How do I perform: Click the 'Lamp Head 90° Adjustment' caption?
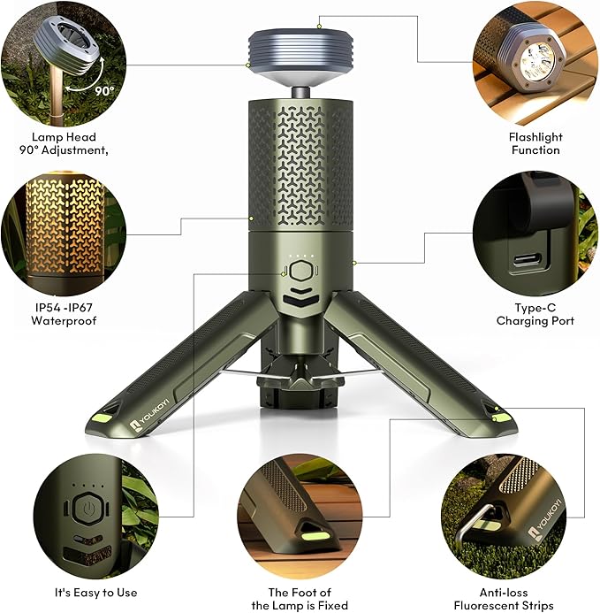(x=64, y=143)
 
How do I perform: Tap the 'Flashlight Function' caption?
(x=535, y=143)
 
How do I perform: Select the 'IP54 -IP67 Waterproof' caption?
(x=63, y=314)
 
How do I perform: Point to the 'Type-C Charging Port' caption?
(x=535, y=314)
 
